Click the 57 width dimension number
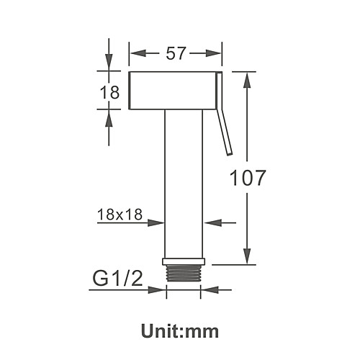point(176,53)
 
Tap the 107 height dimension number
point(248,178)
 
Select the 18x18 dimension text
point(120,214)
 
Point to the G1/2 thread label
point(117,278)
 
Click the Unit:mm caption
point(180,331)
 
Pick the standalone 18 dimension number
point(109,92)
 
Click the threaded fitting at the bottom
point(184,273)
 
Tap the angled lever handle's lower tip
point(230,154)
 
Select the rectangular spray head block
point(173,91)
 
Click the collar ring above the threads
point(184,261)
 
